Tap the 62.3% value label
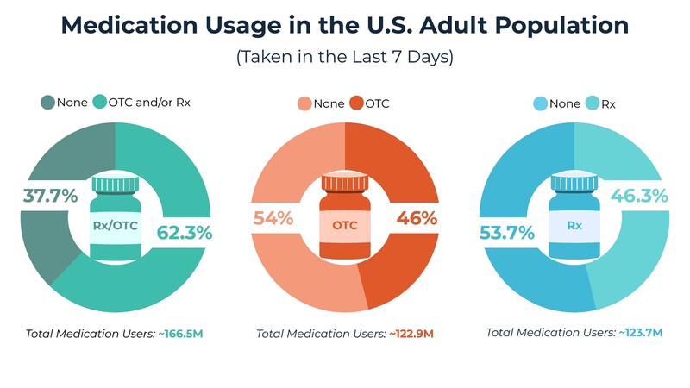point(184,232)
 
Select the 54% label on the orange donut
point(273,218)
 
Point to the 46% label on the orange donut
point(417,218)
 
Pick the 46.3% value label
point(638,196)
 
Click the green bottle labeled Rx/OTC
point(116,216)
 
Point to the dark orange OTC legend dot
point(355,104)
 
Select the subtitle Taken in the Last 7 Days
point(345,59)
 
